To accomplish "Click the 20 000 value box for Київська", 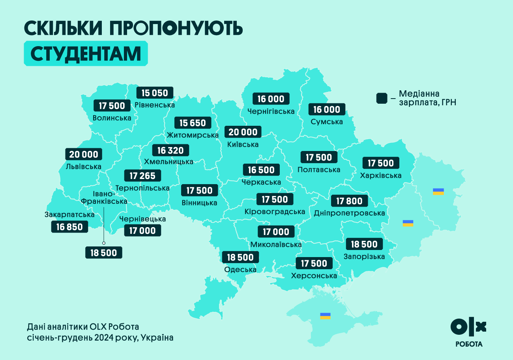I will coord(243,132).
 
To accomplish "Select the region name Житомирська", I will coord(193,135).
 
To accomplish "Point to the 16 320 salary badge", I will coord(170,150).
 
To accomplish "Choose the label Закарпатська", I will coord(69,215).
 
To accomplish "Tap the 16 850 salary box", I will coord(69,227).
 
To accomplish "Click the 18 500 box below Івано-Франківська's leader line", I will coord(104,253).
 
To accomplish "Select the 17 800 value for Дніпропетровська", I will coord(349,201).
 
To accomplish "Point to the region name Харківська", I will coord(381,175).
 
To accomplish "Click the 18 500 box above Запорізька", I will coord(364,244).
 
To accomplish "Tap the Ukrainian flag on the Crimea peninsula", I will coord(325,316).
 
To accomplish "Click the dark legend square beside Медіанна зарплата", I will coord(382,98).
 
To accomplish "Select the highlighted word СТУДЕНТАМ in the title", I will coord(86,54).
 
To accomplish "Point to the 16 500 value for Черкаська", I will coord(261,170).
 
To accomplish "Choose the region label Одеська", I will coord(240,270).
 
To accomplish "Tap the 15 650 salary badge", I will coord(193,123).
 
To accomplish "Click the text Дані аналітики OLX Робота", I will coord(83,327).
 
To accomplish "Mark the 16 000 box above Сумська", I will coord(327,109).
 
